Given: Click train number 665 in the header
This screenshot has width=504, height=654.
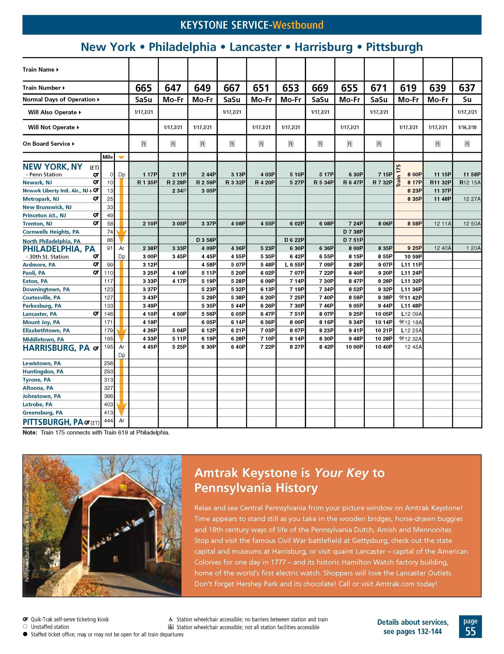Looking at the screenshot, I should (144, 88).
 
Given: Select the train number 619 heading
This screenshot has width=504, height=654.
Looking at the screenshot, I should (408, 88).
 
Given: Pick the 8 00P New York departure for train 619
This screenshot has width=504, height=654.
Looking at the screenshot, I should (414, 174).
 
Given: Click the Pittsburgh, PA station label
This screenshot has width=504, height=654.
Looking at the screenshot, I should (53, 422).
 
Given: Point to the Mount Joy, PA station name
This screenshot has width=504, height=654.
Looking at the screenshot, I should (41, 322).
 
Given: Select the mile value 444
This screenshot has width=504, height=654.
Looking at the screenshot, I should (109, 421).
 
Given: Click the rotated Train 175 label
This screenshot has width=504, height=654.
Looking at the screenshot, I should (398, 176).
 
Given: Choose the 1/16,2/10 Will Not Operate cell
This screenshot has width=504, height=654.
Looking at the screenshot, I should (467, 127).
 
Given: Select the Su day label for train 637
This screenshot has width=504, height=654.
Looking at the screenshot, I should (467, 100).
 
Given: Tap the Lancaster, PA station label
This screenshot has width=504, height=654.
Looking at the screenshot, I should (40, 314).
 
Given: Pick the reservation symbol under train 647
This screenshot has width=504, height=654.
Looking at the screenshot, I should (173, 144).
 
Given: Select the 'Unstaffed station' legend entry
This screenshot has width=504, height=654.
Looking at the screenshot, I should (50, 627).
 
